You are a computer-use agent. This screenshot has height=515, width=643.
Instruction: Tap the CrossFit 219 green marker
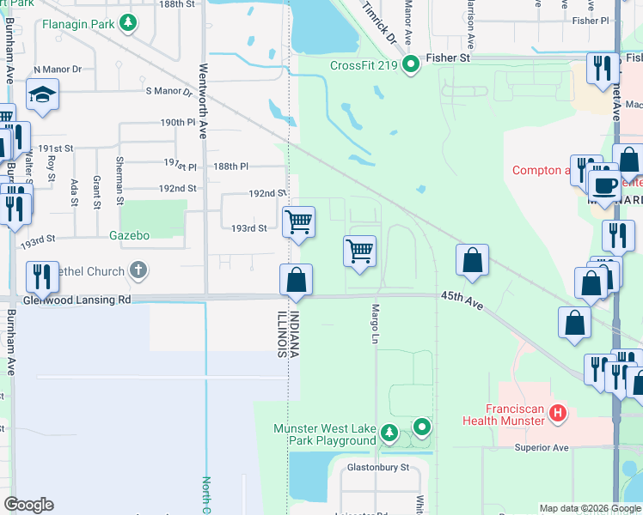coord(411,64)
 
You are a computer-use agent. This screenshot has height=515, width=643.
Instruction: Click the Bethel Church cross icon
coord(138,271)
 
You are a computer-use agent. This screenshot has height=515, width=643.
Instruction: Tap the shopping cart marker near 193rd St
coord(298,222)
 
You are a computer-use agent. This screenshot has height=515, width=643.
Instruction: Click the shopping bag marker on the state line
coord(296,280)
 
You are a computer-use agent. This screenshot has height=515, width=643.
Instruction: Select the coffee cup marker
coord(604,185)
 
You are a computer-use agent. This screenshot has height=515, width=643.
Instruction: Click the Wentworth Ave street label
coord(204,100)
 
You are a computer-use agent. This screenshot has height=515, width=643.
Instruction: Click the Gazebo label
coord(130,235)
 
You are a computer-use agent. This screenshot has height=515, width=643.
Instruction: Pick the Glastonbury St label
coord(378,469)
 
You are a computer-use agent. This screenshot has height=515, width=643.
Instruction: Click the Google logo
coord(28,505)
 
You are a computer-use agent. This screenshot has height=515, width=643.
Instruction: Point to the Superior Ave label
coord(542,448)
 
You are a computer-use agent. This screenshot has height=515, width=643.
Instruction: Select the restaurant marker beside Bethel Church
coord(42,276)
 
